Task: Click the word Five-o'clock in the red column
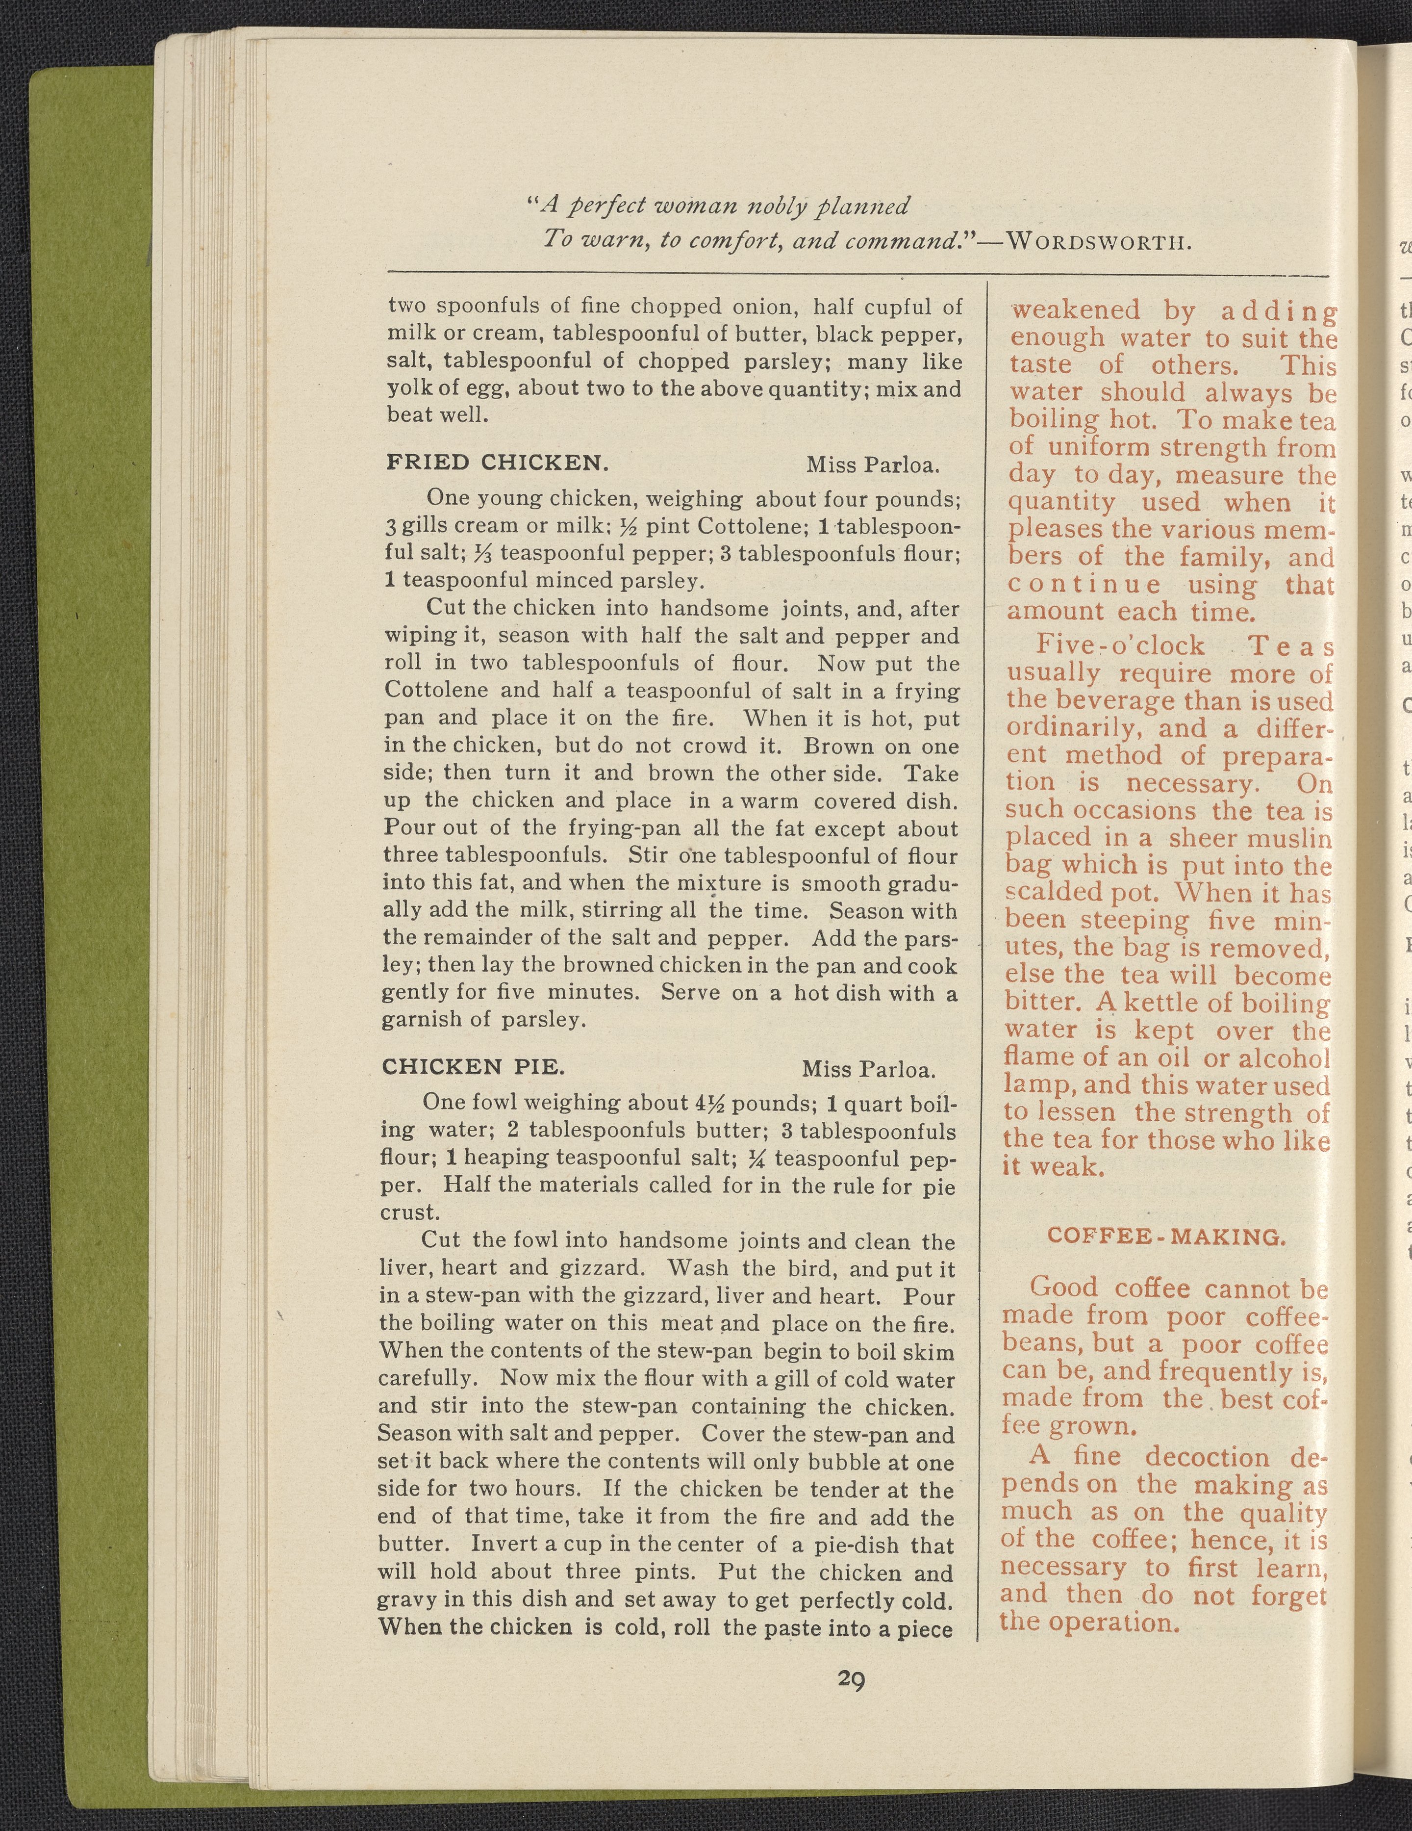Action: [1119, 645]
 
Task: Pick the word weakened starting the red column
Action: [1075, 310]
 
